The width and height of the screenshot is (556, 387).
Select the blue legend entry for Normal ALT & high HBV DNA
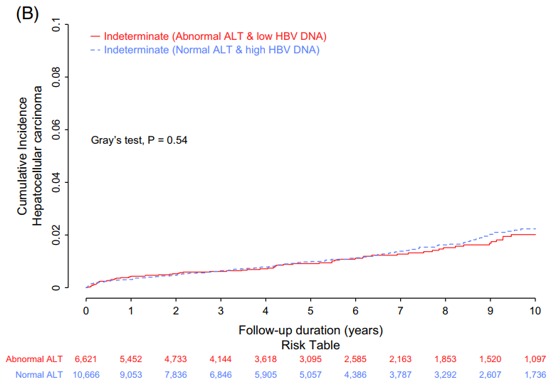211,50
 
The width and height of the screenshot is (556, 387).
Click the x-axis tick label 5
310,311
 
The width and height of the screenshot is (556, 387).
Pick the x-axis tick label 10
535,311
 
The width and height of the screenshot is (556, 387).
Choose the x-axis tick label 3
221,311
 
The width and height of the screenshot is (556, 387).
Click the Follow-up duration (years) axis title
311,330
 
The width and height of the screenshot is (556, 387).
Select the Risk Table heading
311,344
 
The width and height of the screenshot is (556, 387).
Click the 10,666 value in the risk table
85,374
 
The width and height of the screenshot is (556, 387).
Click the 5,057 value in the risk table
310,374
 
